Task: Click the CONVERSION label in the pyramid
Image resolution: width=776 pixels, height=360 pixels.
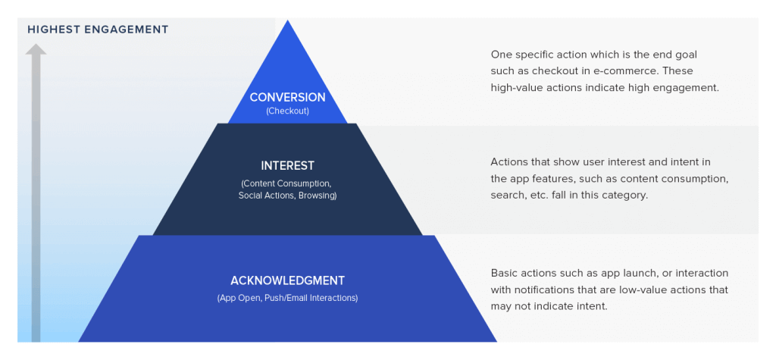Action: point(287,97)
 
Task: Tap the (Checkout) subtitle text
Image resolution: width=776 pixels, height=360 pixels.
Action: point(287,111)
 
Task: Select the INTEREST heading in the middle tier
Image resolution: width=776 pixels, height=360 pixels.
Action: point(287,165)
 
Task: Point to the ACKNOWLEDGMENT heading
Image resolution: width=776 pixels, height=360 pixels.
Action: point(287,280)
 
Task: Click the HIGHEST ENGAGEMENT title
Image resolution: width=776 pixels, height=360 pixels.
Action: point(98,30)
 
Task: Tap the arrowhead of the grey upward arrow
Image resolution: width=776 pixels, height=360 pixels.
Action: point(36,49)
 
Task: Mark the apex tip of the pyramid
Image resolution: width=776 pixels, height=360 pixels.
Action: point(287,20)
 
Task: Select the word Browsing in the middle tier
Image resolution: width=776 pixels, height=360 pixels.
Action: point(318,195)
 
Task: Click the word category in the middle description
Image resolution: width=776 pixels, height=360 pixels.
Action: point(626,195)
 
